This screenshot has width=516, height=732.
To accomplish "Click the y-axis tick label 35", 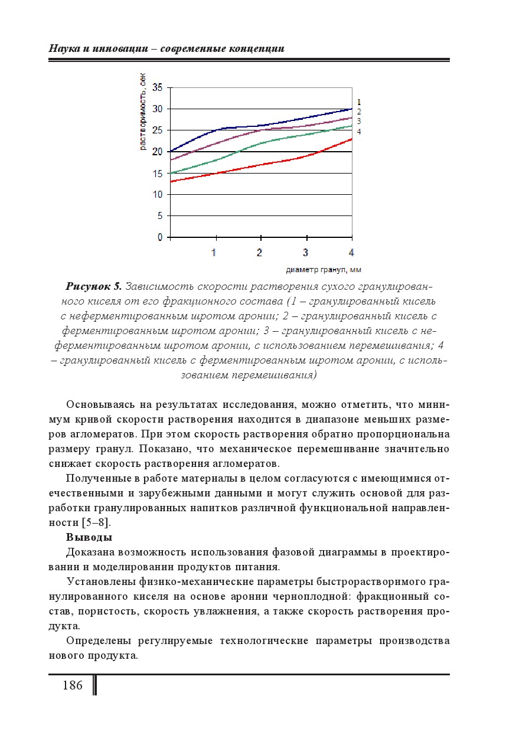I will (157, 87).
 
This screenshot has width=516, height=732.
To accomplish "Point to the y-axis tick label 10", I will (157, 194).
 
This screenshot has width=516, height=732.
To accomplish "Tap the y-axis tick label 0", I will (159, 237).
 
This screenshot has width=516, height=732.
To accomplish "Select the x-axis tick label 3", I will (305, 253).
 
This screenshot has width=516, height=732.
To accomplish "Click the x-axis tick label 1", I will (214, 253).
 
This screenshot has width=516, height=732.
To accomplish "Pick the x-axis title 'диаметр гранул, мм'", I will (323, 270).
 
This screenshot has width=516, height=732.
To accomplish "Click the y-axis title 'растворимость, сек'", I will (143, 112).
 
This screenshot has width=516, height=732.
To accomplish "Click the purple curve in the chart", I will (236, 135).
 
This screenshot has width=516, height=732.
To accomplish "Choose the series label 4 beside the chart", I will (358, 132).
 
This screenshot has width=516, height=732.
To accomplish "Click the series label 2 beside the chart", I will (358, 112).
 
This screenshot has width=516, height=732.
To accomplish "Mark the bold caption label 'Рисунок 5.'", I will (93, 287).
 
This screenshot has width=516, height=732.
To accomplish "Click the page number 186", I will (72, 685).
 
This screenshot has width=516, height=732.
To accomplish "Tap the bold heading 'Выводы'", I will (89, 537).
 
